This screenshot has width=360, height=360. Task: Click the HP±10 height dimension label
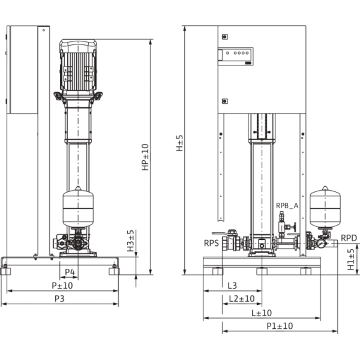point(145,156)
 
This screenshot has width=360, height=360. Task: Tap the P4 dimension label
point(71,273)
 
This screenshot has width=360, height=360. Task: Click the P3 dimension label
point(60,298)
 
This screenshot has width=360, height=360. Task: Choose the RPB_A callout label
point(287,206)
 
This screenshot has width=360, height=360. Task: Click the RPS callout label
point(211,243)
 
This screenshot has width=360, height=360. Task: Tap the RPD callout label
point(349,238)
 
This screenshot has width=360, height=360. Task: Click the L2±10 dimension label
point(241,298)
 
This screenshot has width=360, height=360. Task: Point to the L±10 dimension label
point(261,312)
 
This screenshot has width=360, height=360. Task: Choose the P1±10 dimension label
point(278,325)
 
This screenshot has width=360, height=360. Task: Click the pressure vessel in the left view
point(79,208)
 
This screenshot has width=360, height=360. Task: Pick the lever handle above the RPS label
point(220,233)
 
